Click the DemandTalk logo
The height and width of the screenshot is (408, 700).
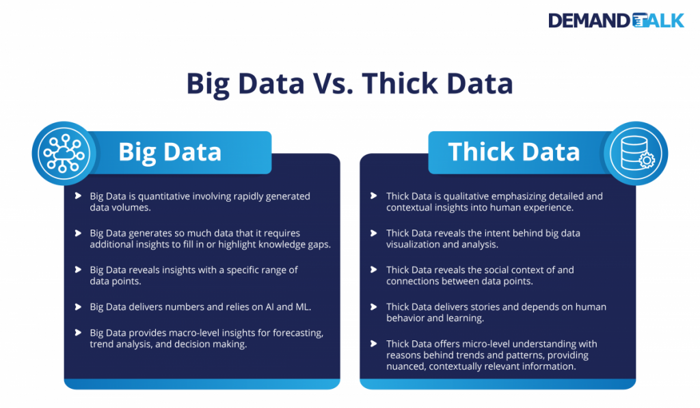[x=615, y=21]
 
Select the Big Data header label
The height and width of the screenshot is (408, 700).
[x=170, y=152]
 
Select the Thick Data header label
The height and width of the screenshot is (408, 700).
[x=513, y=152]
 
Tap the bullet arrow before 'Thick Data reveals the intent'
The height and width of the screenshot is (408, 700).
[x=373, y=233]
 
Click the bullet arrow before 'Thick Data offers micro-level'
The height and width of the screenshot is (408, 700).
[x=373, y=344]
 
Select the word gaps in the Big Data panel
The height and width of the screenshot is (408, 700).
[x=318, y=244]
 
